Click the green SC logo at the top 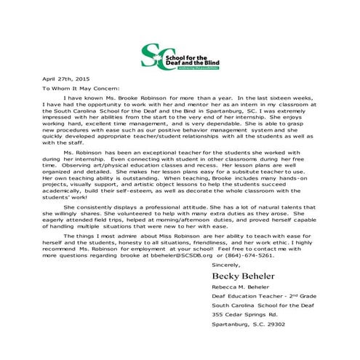(x=153, y=56)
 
